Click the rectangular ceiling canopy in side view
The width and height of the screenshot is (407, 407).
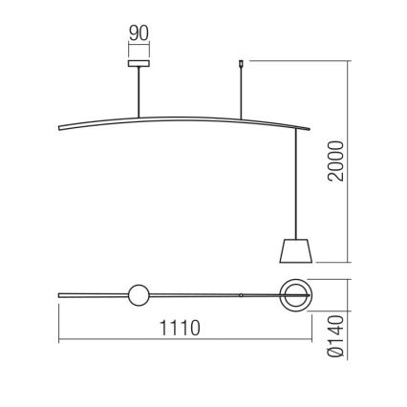tap(139, 66)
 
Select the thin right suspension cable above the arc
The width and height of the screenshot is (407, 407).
tap(239, 96)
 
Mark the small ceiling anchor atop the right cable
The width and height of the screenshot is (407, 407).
tap(239, 67)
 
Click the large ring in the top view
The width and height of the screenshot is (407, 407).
tap(295, 295)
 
